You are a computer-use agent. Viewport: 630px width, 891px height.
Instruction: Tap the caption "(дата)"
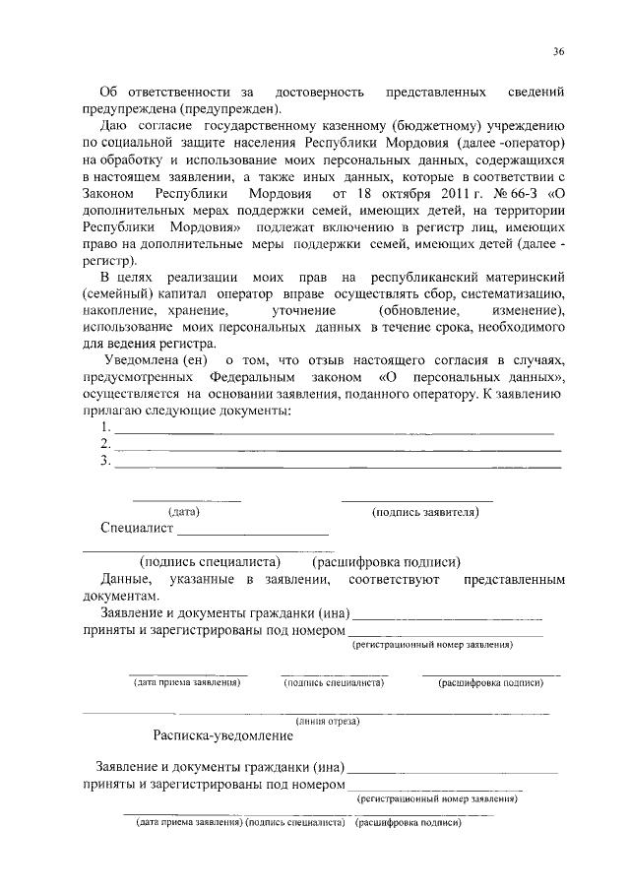(184, 512)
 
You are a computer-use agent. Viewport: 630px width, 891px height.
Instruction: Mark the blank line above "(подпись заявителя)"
(416, 501)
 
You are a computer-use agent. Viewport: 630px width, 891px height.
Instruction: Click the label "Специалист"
(136, 529)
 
